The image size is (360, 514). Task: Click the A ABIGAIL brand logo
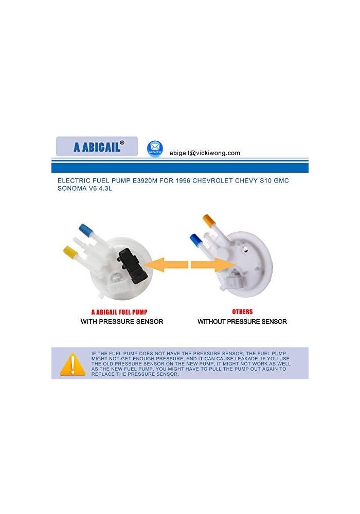pos(97,146)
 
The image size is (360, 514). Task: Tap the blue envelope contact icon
pos(155,148)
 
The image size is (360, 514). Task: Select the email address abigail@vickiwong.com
pos(205,153)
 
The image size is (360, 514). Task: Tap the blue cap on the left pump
pos(84,228)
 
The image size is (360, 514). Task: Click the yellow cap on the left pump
pos(70,252)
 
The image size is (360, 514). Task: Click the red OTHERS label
pos(242,311)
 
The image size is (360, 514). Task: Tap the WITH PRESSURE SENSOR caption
pos(122,322)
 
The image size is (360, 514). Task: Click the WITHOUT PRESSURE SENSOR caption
pos(242,322)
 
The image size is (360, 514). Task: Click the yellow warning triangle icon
pos(73,364)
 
